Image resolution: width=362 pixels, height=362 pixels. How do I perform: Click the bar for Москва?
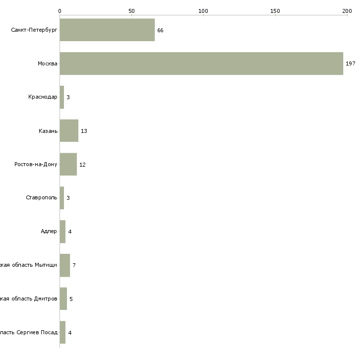[201, 63]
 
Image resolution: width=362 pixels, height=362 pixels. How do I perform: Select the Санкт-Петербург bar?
[107, 30]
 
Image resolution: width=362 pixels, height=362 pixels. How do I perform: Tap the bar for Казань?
[69, 131]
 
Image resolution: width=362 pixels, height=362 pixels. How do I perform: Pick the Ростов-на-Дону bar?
[68, 164]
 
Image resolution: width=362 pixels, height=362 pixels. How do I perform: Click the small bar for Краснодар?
[62, 97]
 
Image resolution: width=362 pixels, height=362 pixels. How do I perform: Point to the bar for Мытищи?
[64, 265]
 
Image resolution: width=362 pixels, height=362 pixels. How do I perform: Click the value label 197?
[350, 64]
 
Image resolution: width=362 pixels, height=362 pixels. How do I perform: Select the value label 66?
[160, 30]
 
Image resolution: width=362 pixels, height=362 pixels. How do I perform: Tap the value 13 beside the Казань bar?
[84, 131]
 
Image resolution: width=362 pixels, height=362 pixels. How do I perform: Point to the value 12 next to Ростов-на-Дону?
[82, 165]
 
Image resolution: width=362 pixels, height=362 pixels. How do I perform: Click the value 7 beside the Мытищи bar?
[74, 265]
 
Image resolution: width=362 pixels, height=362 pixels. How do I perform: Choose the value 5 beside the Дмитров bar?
[71, 299]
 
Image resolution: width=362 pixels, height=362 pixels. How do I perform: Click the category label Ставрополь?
[41, 198]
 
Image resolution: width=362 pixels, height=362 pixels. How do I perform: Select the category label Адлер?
[49, 232]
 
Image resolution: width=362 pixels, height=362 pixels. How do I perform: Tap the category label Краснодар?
[43, 97]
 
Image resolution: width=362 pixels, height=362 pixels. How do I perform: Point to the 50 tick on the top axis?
[131, 10]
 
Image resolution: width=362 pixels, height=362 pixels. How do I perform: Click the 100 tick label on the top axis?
[203, 10]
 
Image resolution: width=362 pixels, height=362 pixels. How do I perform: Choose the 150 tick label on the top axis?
[275, 10]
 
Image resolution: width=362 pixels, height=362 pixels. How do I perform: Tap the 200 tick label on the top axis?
[347, 10]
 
